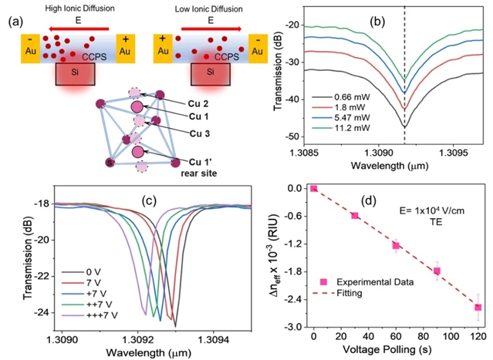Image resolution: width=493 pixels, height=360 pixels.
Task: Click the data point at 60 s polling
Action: tap(396, 245)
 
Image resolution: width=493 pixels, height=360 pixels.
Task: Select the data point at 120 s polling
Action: tap(478, 308)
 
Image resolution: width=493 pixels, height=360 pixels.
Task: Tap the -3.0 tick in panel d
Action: tap(293, 327)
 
